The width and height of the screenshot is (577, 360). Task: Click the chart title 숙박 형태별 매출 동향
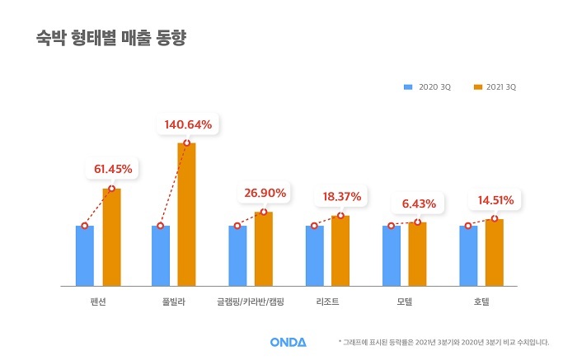click(110, 39)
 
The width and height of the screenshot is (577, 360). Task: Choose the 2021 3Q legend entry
click(496, 86)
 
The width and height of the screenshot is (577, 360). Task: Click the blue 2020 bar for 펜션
click(85, 255)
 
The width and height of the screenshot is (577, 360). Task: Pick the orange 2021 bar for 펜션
click(111, 237)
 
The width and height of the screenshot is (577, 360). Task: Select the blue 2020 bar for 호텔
click(468, 255)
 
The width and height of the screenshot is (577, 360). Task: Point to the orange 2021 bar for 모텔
click(417, 254)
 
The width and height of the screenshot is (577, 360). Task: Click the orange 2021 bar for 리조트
click(340, 250)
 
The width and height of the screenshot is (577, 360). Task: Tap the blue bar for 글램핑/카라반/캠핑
click(237, 255)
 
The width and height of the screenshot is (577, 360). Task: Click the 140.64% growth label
click(188, 125)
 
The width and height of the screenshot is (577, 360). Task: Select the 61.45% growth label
click(113, 169)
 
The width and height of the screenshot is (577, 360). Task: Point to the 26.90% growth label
click(265, 194)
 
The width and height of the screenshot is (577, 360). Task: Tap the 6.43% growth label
click(418, 203)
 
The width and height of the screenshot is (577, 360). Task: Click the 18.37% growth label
click(341, 197)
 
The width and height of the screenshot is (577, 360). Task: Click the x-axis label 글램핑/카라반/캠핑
click(251, 302)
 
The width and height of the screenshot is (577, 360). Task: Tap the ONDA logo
click(288, 341)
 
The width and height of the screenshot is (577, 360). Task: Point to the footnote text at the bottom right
click(443, 341)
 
